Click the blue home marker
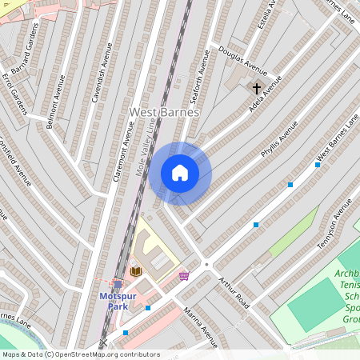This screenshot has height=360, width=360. click(x=180, y=173)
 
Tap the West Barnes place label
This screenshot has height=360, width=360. click(x=164, y=113)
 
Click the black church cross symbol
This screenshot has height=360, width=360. click(x=257, y=88)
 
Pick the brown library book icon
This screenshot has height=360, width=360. click(x=136, y=272)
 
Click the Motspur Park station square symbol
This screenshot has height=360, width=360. click(x=118, y=284)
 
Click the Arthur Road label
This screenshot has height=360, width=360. click(x=236, y=293)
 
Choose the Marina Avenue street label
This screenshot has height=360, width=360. click(x=200, y=329)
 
